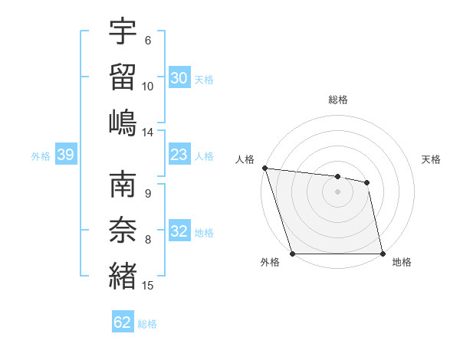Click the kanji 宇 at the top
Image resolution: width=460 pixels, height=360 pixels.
123,33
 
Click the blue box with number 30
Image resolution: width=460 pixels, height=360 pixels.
179,77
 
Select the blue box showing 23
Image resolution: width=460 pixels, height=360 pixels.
179,155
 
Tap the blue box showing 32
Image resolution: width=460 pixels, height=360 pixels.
179,231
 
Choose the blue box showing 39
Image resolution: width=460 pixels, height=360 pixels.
65,155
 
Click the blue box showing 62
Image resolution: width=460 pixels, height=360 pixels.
123,322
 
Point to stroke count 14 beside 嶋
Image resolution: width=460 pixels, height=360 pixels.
148,132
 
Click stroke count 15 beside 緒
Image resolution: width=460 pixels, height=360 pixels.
148,286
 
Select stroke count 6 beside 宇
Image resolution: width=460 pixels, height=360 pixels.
147,41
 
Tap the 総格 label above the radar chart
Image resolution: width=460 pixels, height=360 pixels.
338,100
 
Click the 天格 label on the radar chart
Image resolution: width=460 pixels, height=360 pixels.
431,159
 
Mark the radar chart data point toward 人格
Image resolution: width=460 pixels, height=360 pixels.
264,168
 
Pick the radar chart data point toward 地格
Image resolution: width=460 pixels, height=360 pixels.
383,254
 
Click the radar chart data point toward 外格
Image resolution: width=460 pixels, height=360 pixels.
292,254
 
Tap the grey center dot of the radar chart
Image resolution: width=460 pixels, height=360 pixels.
337,191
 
